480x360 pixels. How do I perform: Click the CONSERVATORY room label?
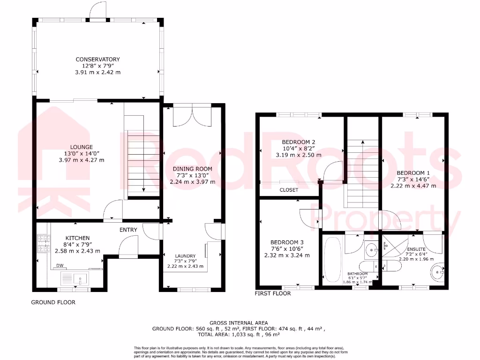click(98, 60)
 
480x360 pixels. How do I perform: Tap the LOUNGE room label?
click(82, 147)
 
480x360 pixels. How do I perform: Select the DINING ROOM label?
click(192, 169)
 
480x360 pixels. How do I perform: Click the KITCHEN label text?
click(77, 238)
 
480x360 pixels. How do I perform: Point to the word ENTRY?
click(128, 230)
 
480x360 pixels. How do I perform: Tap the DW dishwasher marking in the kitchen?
click(60, 265)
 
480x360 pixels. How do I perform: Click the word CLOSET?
click(289, 190)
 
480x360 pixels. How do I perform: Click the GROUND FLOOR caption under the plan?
click(53, 302)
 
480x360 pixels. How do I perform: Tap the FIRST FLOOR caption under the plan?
click(272, 293)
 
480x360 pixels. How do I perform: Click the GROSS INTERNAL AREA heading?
click(239, 322)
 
